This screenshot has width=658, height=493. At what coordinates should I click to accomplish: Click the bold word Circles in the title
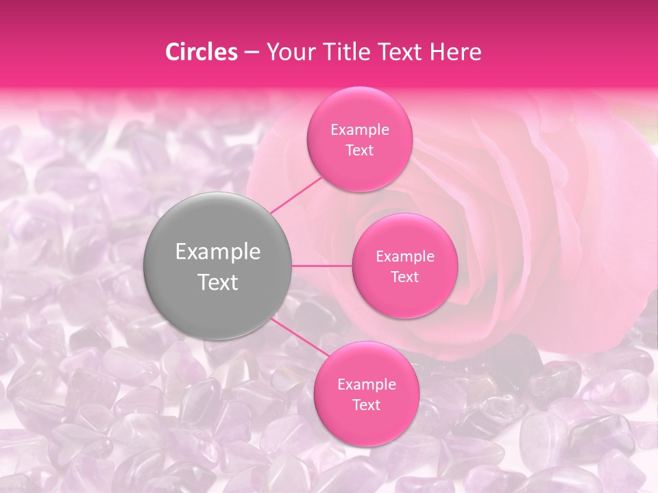[x=202, y=53]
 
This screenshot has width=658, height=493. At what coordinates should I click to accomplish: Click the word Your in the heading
[x=290, y=53]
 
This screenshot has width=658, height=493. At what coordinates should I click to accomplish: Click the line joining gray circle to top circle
[x=296, y=194]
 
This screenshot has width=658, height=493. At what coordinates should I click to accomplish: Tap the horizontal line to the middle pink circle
[x=322, y=266]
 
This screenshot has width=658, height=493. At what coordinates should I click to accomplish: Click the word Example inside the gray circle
[x=218, y=252]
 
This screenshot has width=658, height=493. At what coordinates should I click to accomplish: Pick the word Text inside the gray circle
[x=218, y=282]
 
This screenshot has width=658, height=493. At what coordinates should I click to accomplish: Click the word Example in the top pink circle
[x=360, y=130]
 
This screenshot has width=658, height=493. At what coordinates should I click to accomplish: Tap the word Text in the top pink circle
[x=360, y=150]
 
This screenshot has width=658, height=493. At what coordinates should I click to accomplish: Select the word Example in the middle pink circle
[x=405, y=257]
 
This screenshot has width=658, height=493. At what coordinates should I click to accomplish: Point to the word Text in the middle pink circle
[x=405, y=277]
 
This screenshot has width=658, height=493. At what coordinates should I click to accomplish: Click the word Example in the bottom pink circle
[x=367, y=385]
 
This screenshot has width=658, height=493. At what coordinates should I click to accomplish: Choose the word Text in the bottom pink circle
[x=367, y=405]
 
